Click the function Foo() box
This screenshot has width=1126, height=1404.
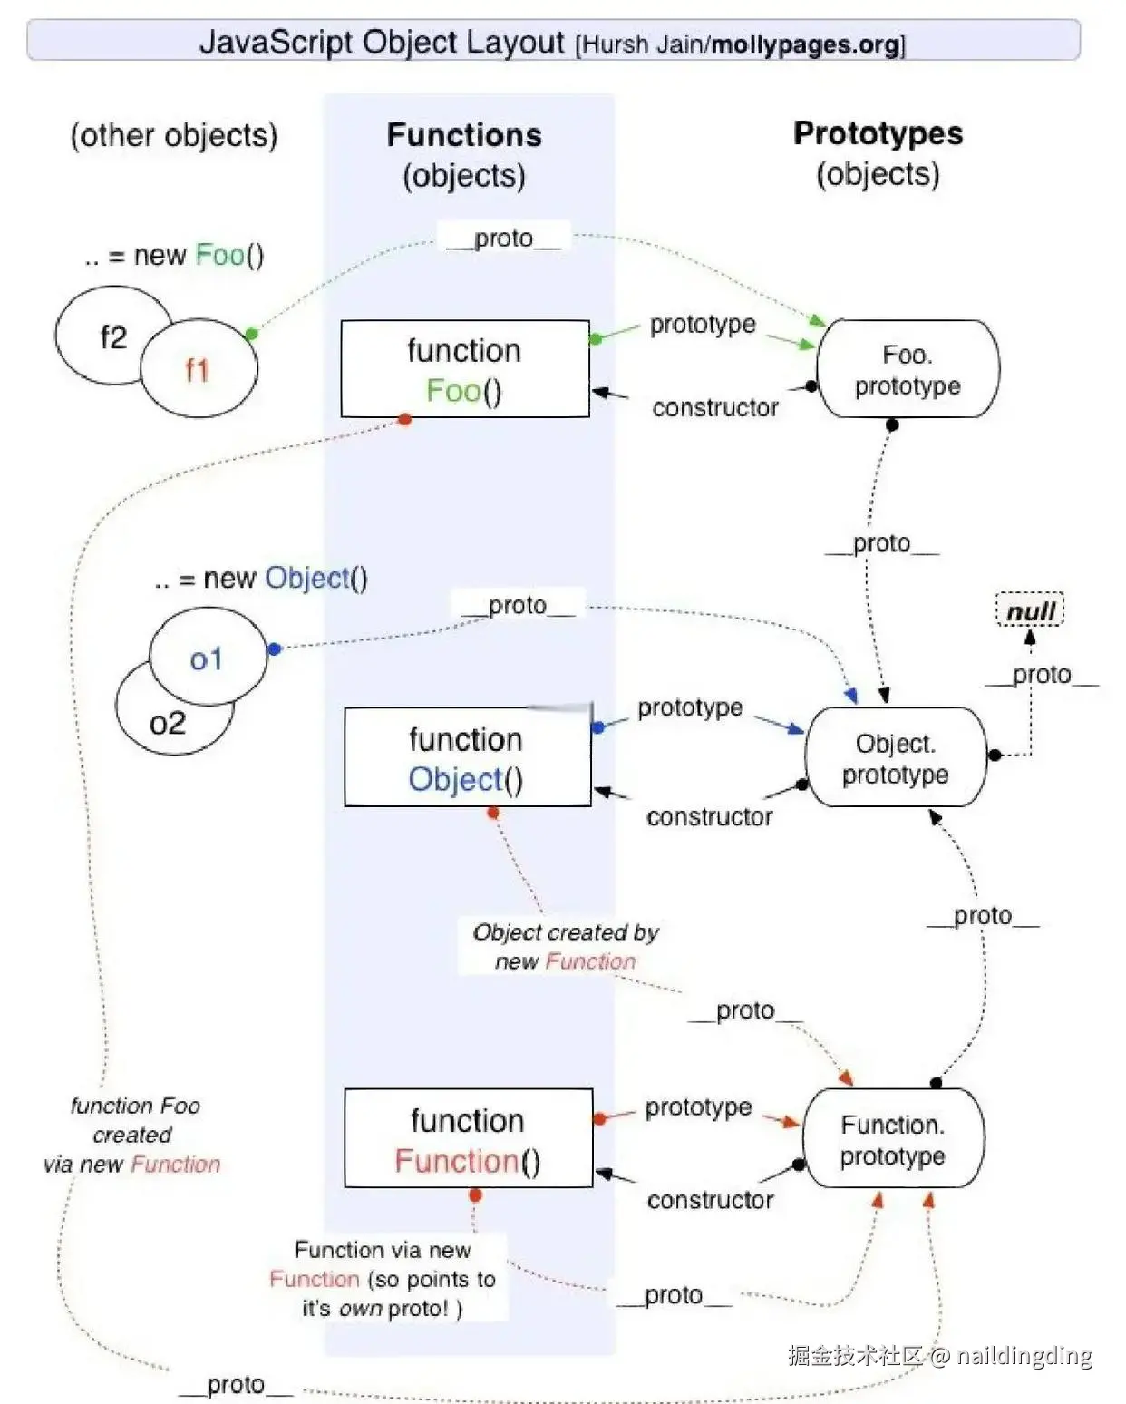pos(465,368)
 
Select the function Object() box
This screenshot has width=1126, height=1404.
pos(468,756)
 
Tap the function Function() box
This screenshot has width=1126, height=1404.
pos(469,1138)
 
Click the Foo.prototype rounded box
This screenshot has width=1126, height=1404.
pos(908,368)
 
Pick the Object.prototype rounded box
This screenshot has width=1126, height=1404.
pos(896,756)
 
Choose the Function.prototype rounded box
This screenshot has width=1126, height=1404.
pos(893,1138)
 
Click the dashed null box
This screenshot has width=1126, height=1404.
pos(1030,609)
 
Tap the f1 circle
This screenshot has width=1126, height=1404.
pos(199,368)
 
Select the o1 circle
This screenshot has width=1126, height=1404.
pos(209,657)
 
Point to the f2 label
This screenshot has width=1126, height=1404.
pos(113,338)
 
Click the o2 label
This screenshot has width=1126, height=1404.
pos(168,724)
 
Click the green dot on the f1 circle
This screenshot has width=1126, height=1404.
pos(252,334)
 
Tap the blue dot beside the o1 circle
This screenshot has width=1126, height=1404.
pos(275,649)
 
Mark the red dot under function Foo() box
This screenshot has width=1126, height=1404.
pos(404,420)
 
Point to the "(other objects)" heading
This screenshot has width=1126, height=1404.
pos(174,136)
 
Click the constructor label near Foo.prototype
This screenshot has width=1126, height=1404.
pos(715,408)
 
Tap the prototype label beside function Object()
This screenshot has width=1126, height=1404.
pos(690,707)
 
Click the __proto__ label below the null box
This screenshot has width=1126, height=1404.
pos(1042,676)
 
